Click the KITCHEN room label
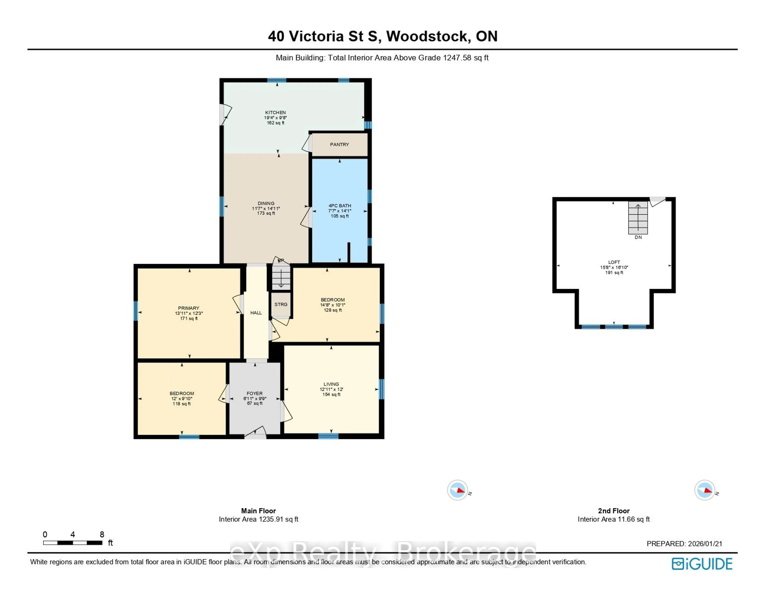(x=275, y=113)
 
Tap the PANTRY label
(x=339, y=144)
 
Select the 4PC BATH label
(x=339, y=206)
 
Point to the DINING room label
(x=266, y=203)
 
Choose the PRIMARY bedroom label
(x=188, y=308)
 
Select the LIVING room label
(x=331, y=384)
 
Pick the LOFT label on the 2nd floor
(x=614, y=262)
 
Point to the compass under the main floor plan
(x=457, y=490)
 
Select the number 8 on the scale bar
(x=102, y=534)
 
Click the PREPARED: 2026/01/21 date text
(x=684, y=544)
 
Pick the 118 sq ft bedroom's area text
(x=181, y=404)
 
